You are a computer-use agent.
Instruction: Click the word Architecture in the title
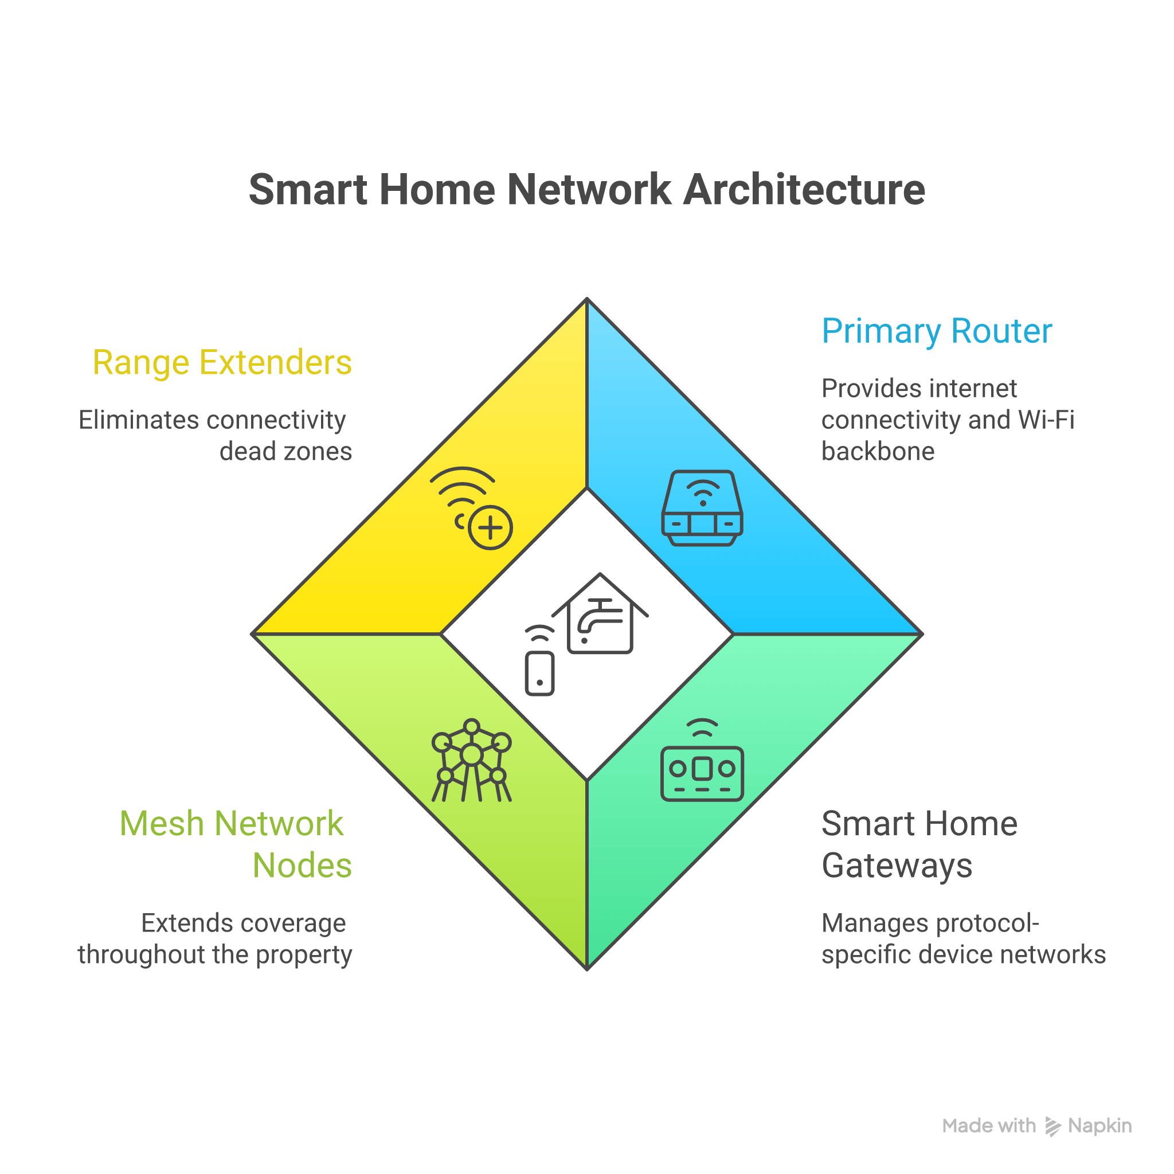803,190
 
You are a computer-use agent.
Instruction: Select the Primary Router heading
937,331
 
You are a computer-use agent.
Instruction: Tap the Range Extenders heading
222,363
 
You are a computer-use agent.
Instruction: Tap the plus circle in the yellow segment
490,527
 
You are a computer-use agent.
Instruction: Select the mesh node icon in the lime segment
472,760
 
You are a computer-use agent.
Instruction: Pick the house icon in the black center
600,615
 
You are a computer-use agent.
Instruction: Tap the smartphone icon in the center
539,672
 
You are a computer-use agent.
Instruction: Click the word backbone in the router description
878,452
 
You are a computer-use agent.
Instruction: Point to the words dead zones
285,452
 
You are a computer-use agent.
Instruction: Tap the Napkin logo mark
1052,1126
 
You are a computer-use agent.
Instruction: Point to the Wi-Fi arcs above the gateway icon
702,727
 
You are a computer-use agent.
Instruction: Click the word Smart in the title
307,190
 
